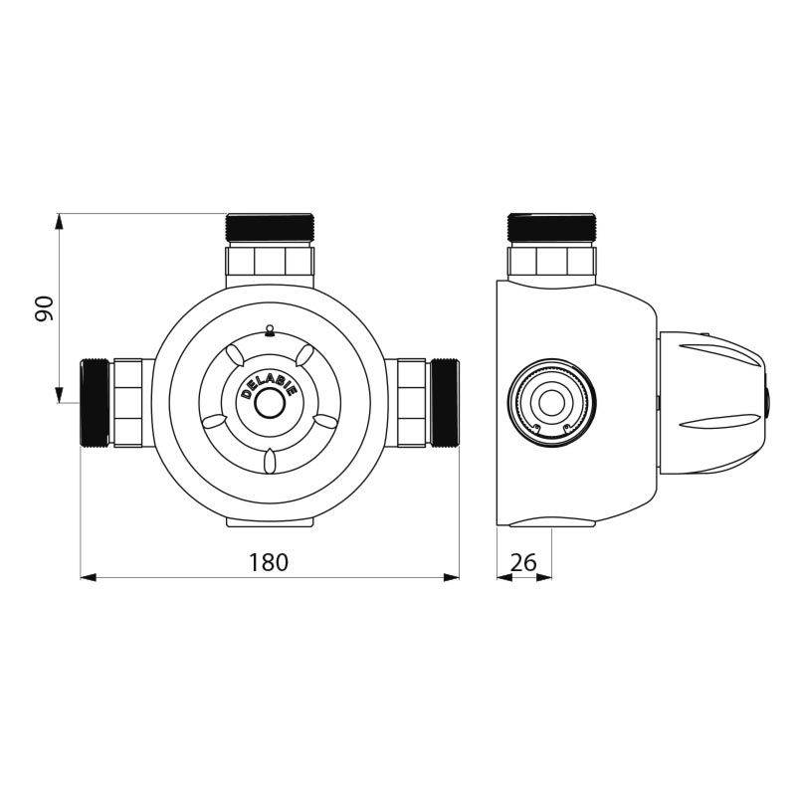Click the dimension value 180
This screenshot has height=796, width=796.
pos(269,562)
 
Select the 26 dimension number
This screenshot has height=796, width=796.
pos(523,562)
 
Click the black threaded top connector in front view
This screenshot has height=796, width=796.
pos(270,228)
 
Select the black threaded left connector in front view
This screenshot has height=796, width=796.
pos(96,401)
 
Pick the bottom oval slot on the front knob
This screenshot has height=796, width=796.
pos(269,460)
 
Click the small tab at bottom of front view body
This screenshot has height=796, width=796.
pos(270,521)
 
